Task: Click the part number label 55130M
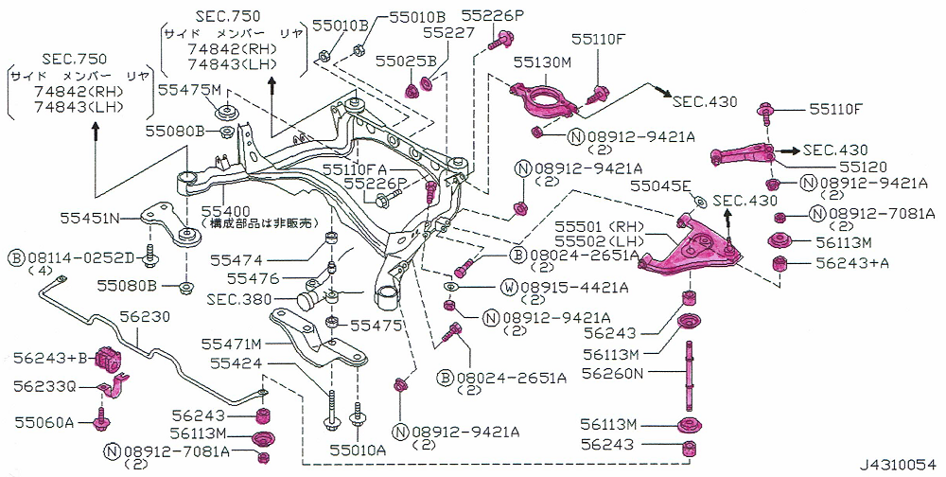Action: click(x=543, y=62)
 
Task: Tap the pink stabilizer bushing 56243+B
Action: click(x=113, y=359)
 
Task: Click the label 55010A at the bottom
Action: click(x=357, y=451)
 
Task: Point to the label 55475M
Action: click(x=188, y=90)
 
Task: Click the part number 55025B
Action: click(x=406, y=62)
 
